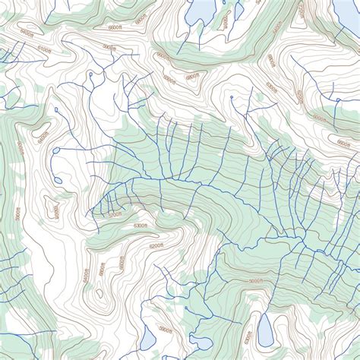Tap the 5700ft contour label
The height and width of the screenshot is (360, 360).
[115, 215]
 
